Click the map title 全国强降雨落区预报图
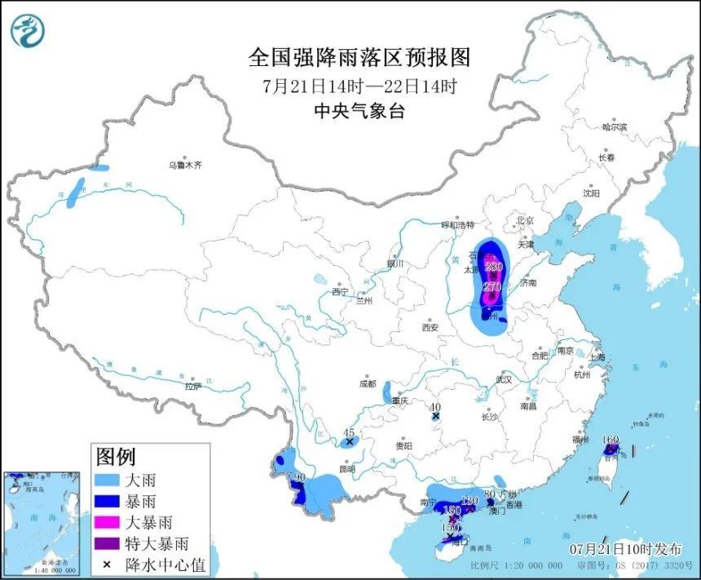[x=359, y=57]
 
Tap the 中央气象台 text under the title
[x=359, y=113]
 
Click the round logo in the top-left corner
[x=28, y=30]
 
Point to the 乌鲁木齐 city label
[x=184, y=166]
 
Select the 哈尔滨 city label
[x=614, y=127]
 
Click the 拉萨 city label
[x=192, y=387]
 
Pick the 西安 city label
[x=430, y=328]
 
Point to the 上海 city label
[x=596, y=356]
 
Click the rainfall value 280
[x=493, y=266]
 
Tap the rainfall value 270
[x=492, y=287]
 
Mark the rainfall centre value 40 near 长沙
[x=435, y=407]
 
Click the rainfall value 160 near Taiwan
[x=611, y=440]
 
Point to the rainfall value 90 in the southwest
[x=299, y=477]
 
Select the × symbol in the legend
[x=106, y=564]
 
